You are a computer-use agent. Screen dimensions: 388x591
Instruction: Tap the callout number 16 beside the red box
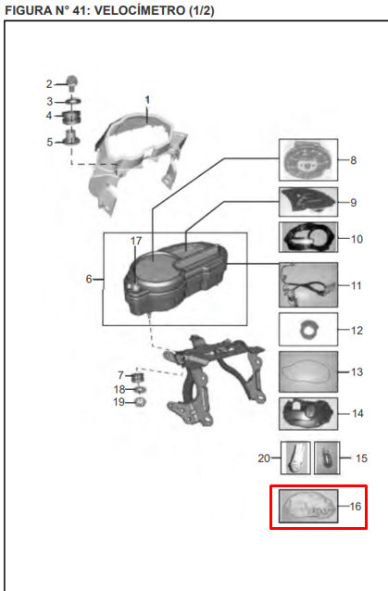click(356, 506)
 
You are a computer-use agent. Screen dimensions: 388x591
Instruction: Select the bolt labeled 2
click(71, 83)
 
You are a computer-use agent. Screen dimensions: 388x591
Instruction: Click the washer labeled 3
click(73, 101)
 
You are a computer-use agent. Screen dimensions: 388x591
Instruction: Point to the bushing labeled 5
click(72, 137)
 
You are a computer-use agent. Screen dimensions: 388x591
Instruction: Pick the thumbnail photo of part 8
click(308, 160)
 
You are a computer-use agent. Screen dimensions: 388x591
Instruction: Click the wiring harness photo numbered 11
click(308, 285)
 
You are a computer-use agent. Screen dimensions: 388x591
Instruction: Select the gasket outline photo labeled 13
click(308, 372)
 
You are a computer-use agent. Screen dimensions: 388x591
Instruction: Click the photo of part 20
click(295, 458)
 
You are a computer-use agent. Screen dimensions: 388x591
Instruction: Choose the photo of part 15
click(327, 458)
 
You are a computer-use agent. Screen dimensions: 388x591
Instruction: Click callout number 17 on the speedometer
click(136, 241)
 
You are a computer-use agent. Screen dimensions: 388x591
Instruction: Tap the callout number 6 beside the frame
click(89, 279)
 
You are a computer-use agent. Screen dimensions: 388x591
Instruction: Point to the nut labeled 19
click(140, 402)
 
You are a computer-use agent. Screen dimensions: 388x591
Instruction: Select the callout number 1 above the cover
click(147, 100)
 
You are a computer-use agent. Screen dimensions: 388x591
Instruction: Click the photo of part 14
click(308, 414)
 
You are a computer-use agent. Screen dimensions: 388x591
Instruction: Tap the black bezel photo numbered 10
click(308, 237)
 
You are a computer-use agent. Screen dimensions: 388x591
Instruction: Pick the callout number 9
click(354, 203)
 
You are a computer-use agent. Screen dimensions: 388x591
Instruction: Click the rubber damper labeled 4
click(72, 117)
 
